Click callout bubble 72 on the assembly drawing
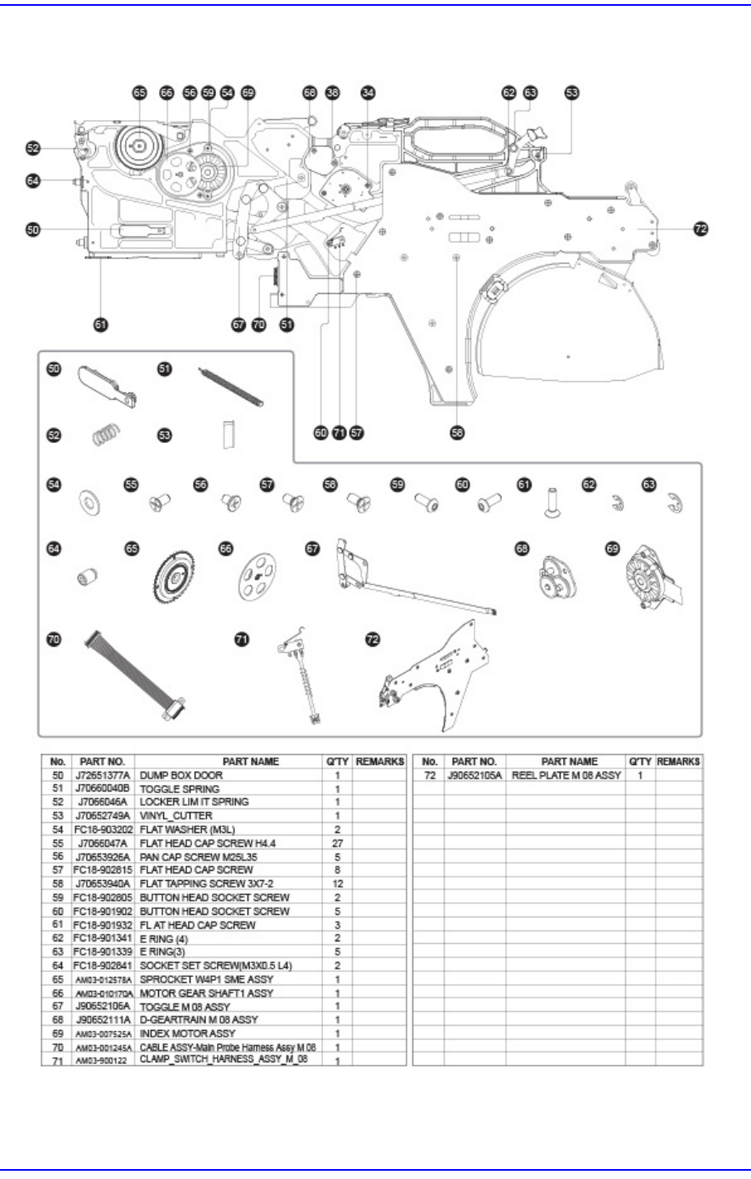[x=700, y=229]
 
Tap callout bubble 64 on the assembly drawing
[x=32, y=180]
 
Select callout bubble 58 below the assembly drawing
[x=457, y=432]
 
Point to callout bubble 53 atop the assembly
[x=572, y=94]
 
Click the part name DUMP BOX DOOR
[x=181, y=775]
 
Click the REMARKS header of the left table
[x=379, y=761]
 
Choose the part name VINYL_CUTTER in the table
[x=176, y=816]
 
